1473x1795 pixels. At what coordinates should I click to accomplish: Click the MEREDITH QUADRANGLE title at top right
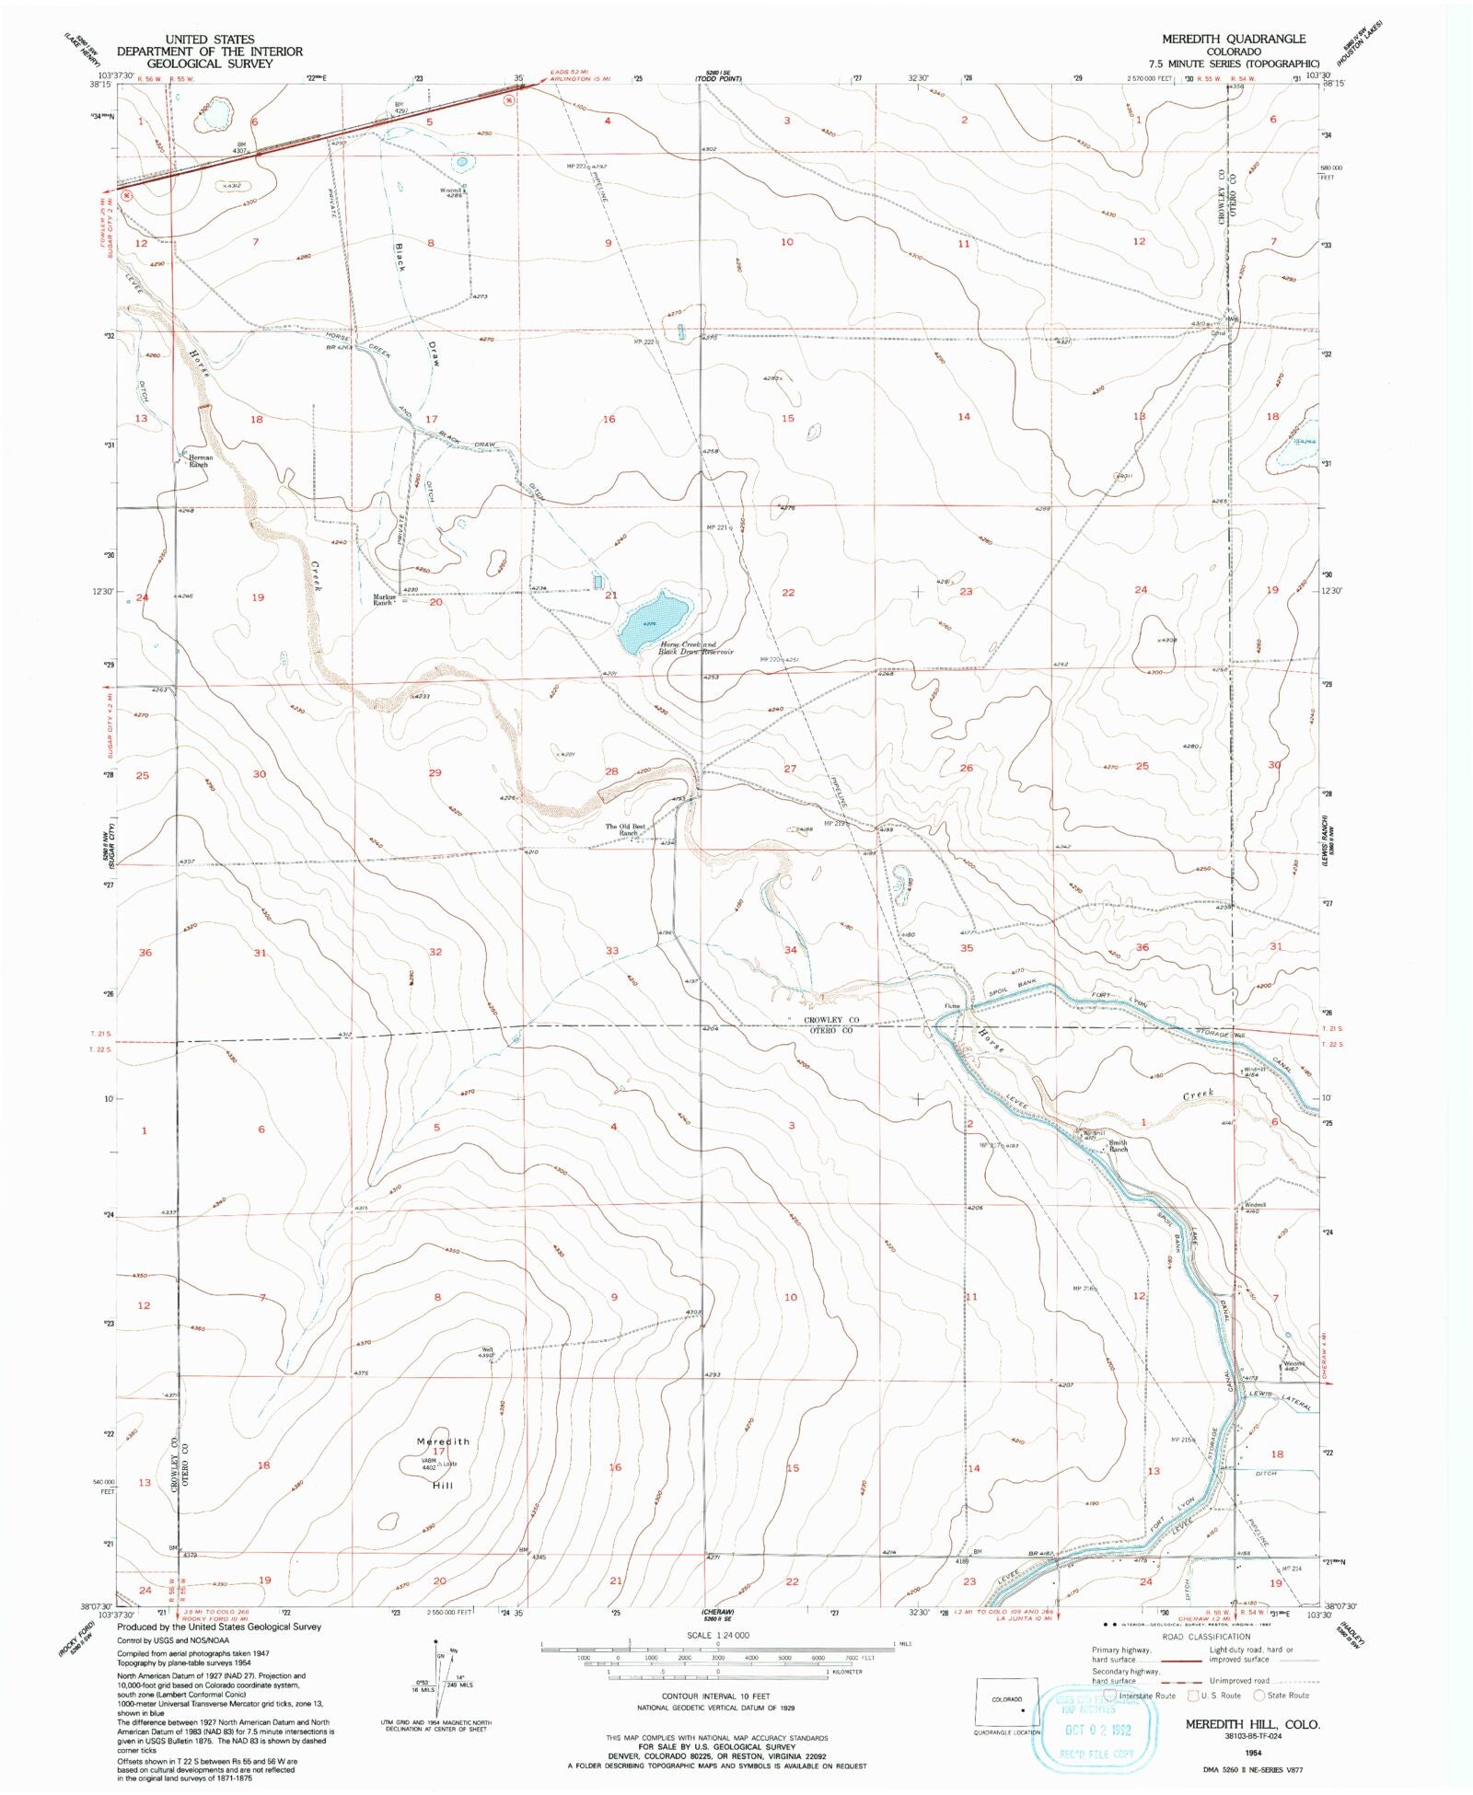coord(1233,39)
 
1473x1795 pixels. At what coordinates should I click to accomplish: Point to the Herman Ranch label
coord(200,460)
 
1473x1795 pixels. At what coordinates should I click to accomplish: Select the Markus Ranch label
coord(385,599)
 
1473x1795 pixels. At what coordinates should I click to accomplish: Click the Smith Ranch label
coord(1118,1146)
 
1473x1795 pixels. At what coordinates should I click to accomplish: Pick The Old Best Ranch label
coord(625,828)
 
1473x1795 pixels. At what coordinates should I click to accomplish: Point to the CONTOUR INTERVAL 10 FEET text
coord(704,1696)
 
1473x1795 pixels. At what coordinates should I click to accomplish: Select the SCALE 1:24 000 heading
coord(718,1635)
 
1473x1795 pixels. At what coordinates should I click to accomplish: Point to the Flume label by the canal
coord(952,1006)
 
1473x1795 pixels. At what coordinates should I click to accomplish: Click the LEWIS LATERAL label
coord(1281,1399)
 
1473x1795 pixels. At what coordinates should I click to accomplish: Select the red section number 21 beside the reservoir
coord(611,596)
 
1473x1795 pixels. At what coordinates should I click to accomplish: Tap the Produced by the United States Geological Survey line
coord(219,1627)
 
